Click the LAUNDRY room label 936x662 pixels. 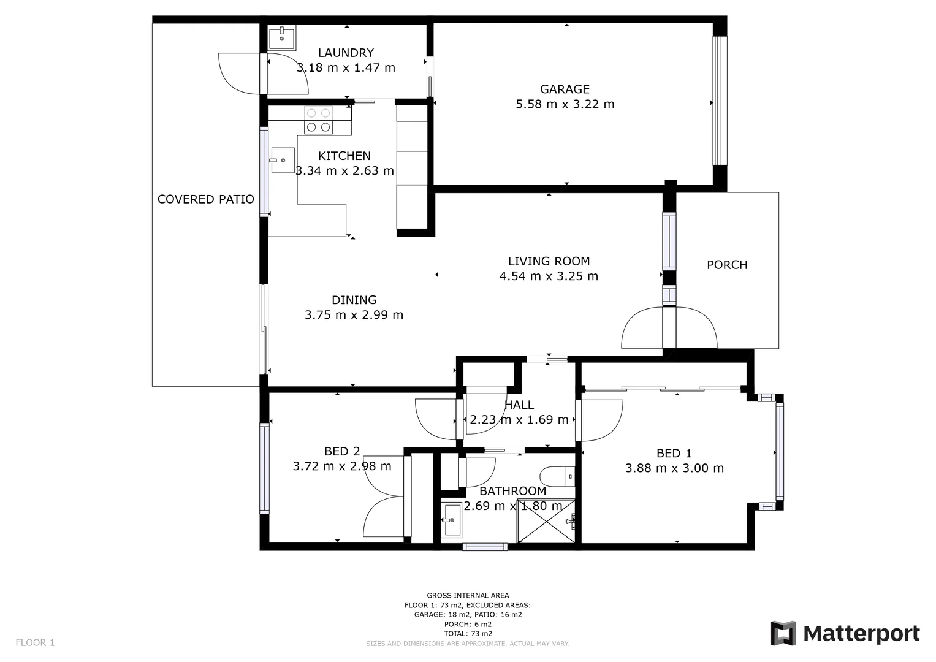tap(346, 53)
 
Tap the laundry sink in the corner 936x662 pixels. tap(282, 37)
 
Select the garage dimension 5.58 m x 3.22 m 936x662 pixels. tap(565, 105)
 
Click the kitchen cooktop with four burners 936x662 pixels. tap(319, 120)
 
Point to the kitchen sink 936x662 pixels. tap(283, 160)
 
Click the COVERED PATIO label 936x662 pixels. tap(205, 199)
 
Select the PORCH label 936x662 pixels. tap(727, 265)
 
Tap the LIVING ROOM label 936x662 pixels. tap(549, 261)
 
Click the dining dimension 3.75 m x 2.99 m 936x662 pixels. tap(354, 315)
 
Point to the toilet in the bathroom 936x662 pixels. tap(557, 476)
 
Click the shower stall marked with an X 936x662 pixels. tap(547, 521)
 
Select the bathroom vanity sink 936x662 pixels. tap(452, 520)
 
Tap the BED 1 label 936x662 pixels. tap(674, 454)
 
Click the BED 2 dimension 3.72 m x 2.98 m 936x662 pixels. tap(341, 466)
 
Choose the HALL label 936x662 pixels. tap(519, 405)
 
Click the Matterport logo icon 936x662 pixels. tap(783, 633)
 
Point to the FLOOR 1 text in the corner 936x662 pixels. tap(35, 642)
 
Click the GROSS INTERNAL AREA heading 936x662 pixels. tap(468, 595)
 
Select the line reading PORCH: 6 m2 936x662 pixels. tap(468, 624)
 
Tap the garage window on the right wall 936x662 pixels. tap(719, 101)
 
